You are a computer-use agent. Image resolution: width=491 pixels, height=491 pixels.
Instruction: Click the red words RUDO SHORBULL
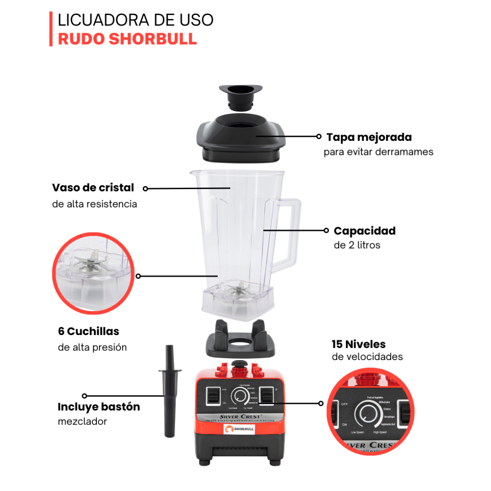127,39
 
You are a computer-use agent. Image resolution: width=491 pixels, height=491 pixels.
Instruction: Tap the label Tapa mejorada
369,137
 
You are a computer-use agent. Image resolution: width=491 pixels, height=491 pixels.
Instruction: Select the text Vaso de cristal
93,188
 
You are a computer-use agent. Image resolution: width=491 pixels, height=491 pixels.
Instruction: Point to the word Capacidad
365,231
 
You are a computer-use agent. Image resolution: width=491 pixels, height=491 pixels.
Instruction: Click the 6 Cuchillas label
89,331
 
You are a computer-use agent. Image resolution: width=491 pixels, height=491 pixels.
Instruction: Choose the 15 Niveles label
359,344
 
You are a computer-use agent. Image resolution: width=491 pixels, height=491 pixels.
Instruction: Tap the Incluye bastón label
99,406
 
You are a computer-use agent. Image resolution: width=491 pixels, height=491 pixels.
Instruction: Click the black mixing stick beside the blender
169,391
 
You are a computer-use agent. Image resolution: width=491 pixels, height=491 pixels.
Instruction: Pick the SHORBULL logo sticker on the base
239,429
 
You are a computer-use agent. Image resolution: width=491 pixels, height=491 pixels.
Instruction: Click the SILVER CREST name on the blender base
240,416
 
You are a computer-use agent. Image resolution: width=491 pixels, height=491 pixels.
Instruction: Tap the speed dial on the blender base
240,397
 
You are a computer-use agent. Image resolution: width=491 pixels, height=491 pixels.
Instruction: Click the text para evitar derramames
378,152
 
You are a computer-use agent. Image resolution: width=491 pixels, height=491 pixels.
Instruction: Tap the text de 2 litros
357,245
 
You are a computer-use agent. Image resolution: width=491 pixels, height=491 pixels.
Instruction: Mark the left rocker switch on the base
211,396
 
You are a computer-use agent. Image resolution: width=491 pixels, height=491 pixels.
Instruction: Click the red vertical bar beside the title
51,29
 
